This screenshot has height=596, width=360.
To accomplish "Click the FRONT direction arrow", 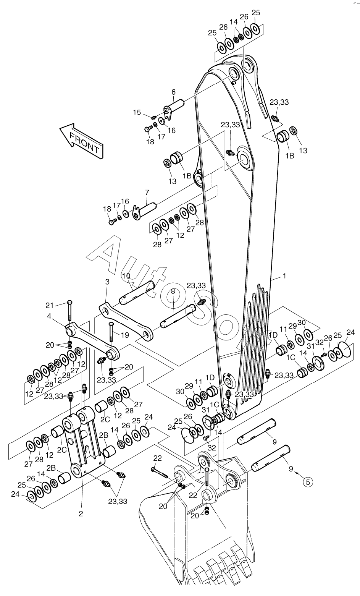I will [x=81, y=140].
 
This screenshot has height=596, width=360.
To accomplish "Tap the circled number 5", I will [x=308, y=482].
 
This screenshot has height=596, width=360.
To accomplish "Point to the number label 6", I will [x=173, y=92].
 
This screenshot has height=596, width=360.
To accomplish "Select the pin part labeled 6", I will [x=176, y=105].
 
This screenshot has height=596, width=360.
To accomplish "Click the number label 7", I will [x=147, y=192].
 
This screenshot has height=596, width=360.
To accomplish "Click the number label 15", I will [x=137, y=112].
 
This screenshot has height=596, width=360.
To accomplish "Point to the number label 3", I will [x=107, y=282].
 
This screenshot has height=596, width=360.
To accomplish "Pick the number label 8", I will [x=173, y=291].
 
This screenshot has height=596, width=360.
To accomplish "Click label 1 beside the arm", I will [x=284, y=275].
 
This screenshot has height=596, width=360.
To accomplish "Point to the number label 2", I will [x=81, y=513].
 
